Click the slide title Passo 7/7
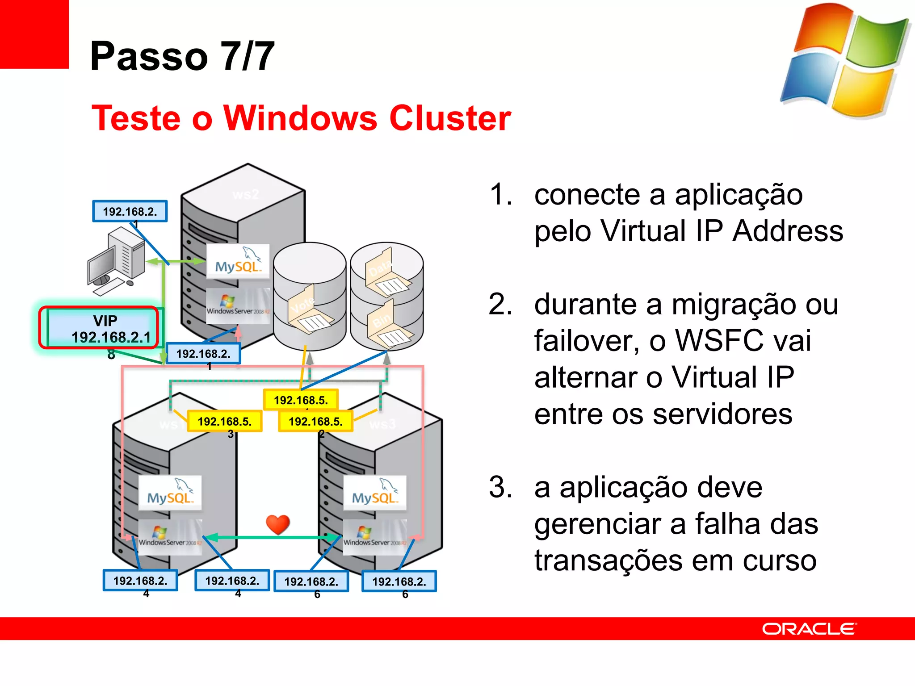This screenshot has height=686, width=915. pyautogui.click(x=182, y=56)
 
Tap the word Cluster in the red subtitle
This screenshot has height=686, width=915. pyautogui.click(x=450, y=118)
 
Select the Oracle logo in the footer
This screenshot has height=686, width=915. pyautogui.click(x=809, y=629)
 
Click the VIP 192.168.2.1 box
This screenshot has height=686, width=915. pyautogui.click(x=99, y=328)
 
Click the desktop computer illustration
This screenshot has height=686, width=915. pyautogui.click(x=117, y=261)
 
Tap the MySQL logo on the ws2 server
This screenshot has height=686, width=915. pyautogui.click(x=238, y=261)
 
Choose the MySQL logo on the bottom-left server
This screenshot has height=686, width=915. pyautogui.click(x=170, y=492)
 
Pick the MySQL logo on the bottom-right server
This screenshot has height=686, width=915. pyautogui.click(x=374, y=492)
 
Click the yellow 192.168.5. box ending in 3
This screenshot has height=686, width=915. pyautogui.click(x=225, y=421)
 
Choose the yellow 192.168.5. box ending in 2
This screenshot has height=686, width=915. pyautogui.click(x=315, y=421)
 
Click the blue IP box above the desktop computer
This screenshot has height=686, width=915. pyautogui.click(x=130, y=211)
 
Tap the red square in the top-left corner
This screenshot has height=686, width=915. pyautogui.click(x=34, y=34)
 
